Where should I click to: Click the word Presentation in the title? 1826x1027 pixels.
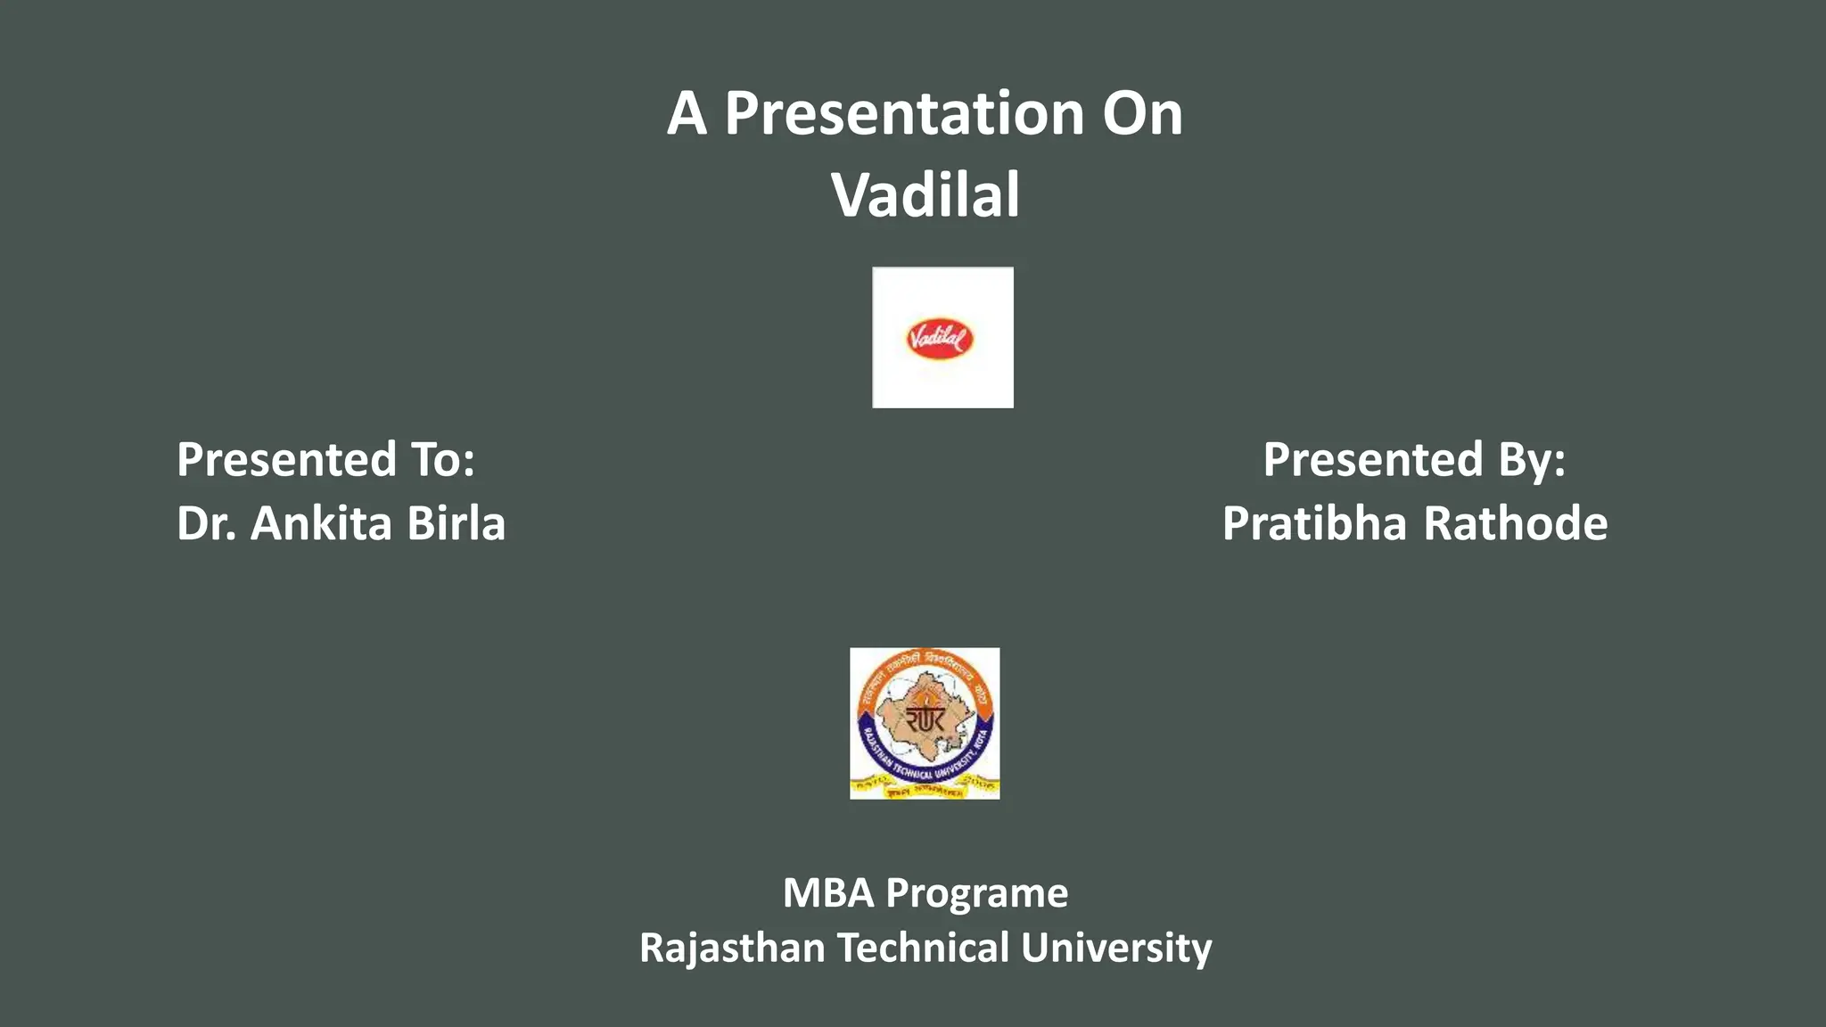(904, 115)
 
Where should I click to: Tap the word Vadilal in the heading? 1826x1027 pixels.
(925, 195)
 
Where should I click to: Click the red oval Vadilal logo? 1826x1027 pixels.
(940, 339)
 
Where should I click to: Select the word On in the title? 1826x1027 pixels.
(1142, 115)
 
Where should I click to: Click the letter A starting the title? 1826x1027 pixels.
(687, 115)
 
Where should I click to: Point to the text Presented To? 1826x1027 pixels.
(325, 460)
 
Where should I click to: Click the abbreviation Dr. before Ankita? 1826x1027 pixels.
(206, 523)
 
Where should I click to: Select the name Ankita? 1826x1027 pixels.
(321, 523)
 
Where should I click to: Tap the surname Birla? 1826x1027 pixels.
(456, 523)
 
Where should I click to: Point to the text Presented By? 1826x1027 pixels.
(1414, 460)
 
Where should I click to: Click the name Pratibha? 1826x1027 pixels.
(1316, 523)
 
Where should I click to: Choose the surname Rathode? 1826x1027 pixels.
(1516, 523)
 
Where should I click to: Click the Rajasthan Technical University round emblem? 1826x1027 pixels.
(925, 723)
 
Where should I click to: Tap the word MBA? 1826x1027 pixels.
(827, 893)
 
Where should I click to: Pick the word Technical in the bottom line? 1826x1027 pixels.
(924, 949)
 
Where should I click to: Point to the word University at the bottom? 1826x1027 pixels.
(1116, 949)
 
